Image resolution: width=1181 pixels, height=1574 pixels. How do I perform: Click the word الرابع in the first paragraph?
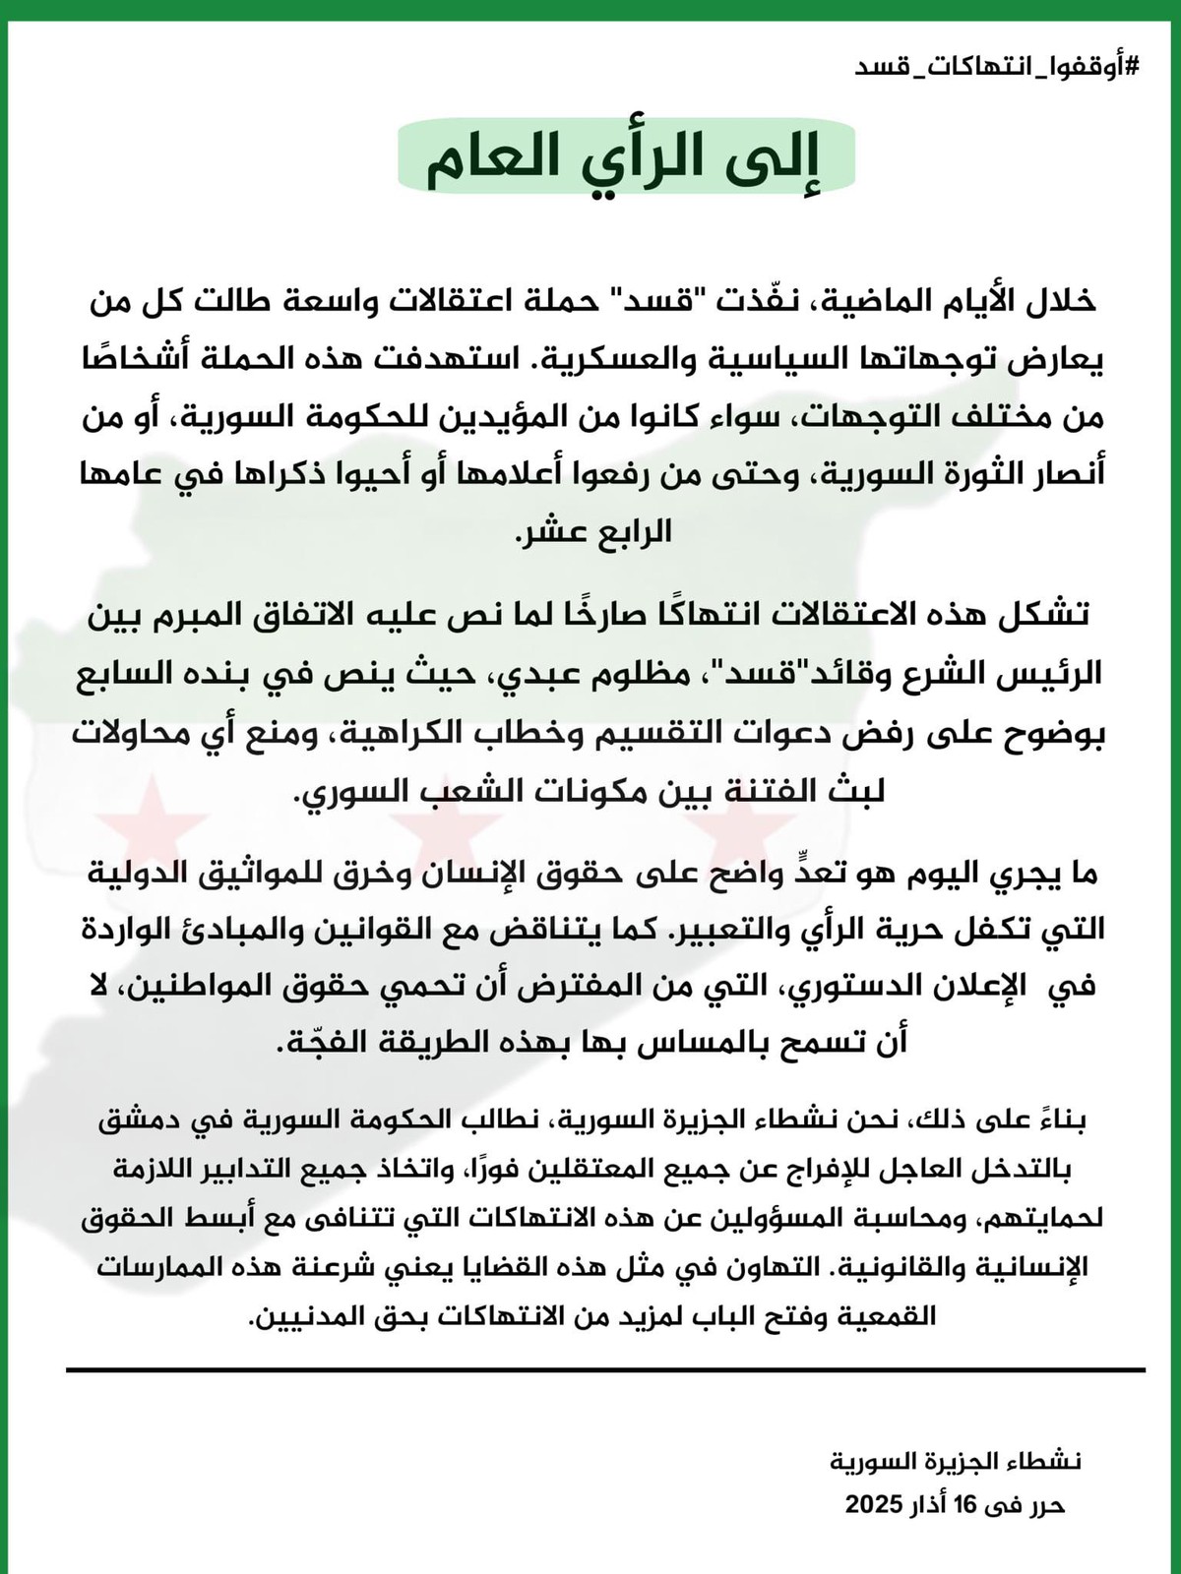click(631, 531)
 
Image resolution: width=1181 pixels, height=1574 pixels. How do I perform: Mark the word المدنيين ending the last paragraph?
click(301, 1316)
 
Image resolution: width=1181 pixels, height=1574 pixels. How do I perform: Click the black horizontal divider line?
click(605, 1369)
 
